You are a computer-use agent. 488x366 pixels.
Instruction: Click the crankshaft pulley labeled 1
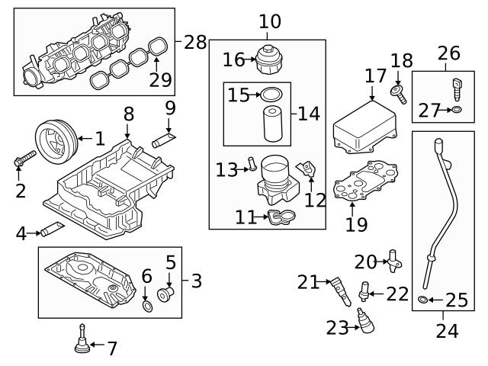[x=54, y=138]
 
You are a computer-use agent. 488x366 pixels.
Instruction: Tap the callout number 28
[x=195, y=42]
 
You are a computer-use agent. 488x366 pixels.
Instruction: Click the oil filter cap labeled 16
[x=268, y=59]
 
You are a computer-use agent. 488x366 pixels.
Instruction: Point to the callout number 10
[x=268, y=21]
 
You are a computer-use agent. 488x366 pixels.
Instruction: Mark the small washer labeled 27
[x=456, y=111]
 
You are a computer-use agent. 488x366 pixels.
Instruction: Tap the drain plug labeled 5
[x=165, y=294]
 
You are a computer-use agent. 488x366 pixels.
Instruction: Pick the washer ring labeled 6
[x=146, y=307]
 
